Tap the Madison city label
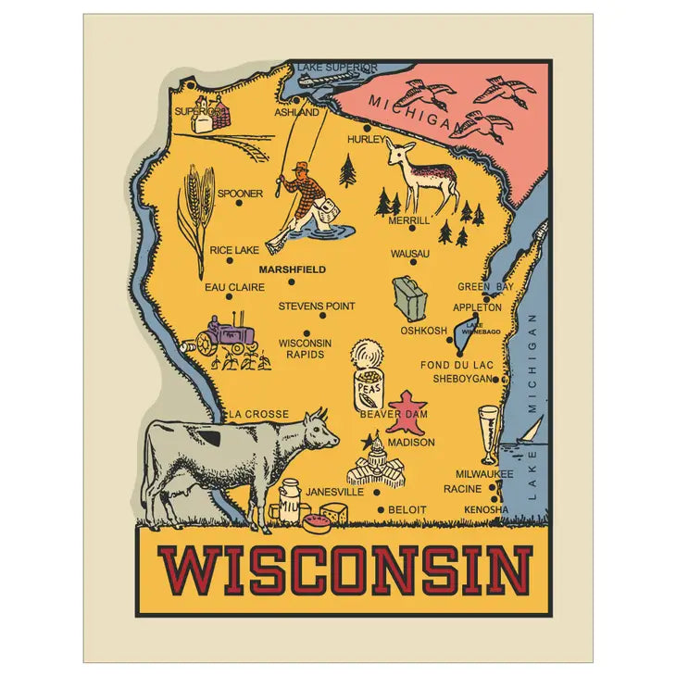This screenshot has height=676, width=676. (x=410, y=443)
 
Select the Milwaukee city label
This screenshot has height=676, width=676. (x=483, y=474)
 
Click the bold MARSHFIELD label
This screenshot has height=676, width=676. (x=292, y=269)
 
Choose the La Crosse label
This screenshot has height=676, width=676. (x=260, y=414)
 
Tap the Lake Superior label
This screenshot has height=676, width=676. (x=337, y=68)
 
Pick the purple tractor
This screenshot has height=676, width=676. (x=228, y=336)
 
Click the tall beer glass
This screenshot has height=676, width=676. (x=488, y=432)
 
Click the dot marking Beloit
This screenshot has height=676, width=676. (x=381, y=509)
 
